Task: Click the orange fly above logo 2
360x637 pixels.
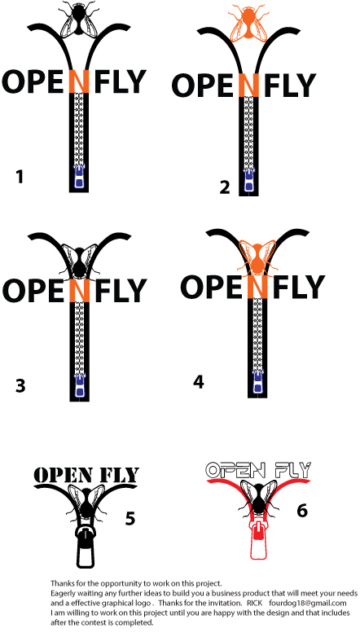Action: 248,22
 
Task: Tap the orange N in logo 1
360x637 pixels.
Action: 79,81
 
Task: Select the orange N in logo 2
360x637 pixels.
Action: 248,86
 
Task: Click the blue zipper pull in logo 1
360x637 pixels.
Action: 79,178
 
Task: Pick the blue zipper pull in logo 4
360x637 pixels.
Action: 257,382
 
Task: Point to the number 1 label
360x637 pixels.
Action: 19,177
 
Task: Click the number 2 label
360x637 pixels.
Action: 225,187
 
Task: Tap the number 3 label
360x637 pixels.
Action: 20,385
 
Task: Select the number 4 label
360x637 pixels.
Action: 198,382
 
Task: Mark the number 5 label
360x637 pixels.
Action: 130,518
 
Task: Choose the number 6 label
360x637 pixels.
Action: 302,510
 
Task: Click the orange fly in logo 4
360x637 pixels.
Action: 257,259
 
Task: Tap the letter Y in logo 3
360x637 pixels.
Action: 136,291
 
